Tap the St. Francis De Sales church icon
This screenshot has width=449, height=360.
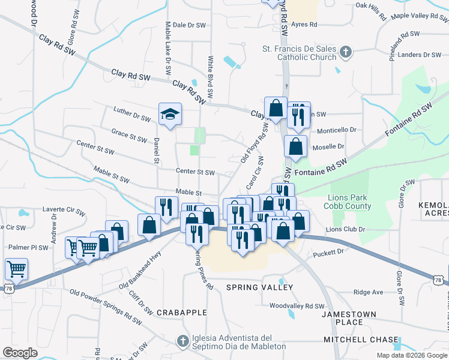click(x=345, y=53)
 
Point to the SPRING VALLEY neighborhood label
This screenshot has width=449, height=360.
click(x=259, y=287)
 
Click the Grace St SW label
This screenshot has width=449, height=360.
click(x=129, y=135)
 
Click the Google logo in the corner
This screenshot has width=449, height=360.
click(x=20, y=353)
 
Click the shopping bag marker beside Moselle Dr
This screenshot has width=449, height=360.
click(x=296, y=145)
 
